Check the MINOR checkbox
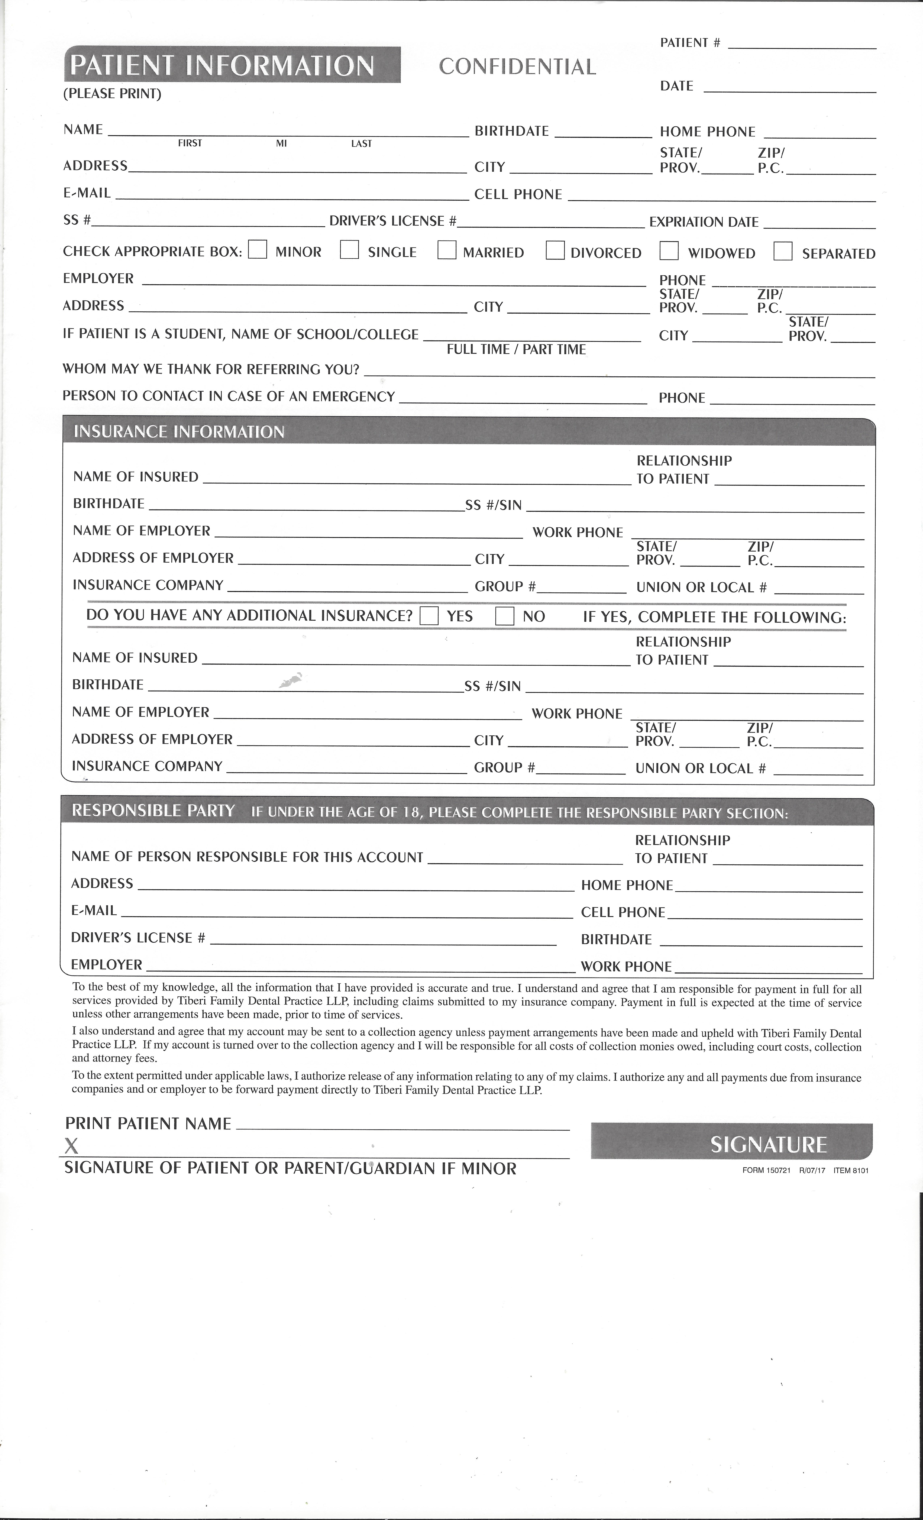[257, 249]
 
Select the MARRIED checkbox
[447, 250]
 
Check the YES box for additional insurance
[429, 616]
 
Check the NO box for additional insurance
[505, 616]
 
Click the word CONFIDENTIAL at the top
[517, 67]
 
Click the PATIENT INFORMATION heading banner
[232, 65]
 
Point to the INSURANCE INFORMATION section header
[179, 432]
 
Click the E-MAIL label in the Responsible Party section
[94, 911]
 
